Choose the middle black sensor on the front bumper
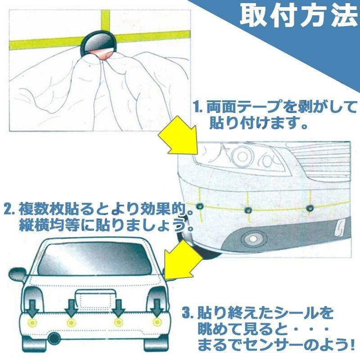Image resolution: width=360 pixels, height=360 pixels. click(247, 209)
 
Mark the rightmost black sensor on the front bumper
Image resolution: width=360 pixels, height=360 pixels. click(310, 208)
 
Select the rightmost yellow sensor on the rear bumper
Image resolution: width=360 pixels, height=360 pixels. click(157, 322)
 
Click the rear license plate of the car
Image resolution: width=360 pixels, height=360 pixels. click(94, 299)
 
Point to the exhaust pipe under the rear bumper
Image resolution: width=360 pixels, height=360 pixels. click(54, 338)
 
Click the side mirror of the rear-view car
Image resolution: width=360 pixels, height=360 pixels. click(18, 274)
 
